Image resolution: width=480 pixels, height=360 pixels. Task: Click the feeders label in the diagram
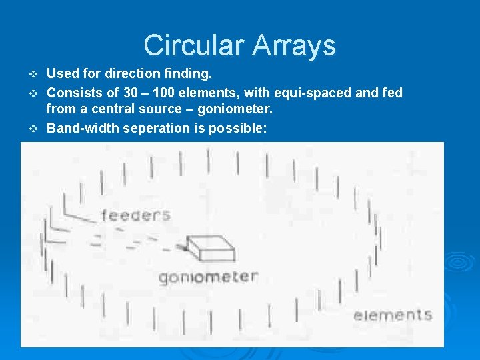point(135,215)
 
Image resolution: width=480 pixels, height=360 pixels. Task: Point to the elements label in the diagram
point(393,315)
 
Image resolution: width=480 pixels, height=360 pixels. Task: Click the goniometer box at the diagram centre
point(209,249)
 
